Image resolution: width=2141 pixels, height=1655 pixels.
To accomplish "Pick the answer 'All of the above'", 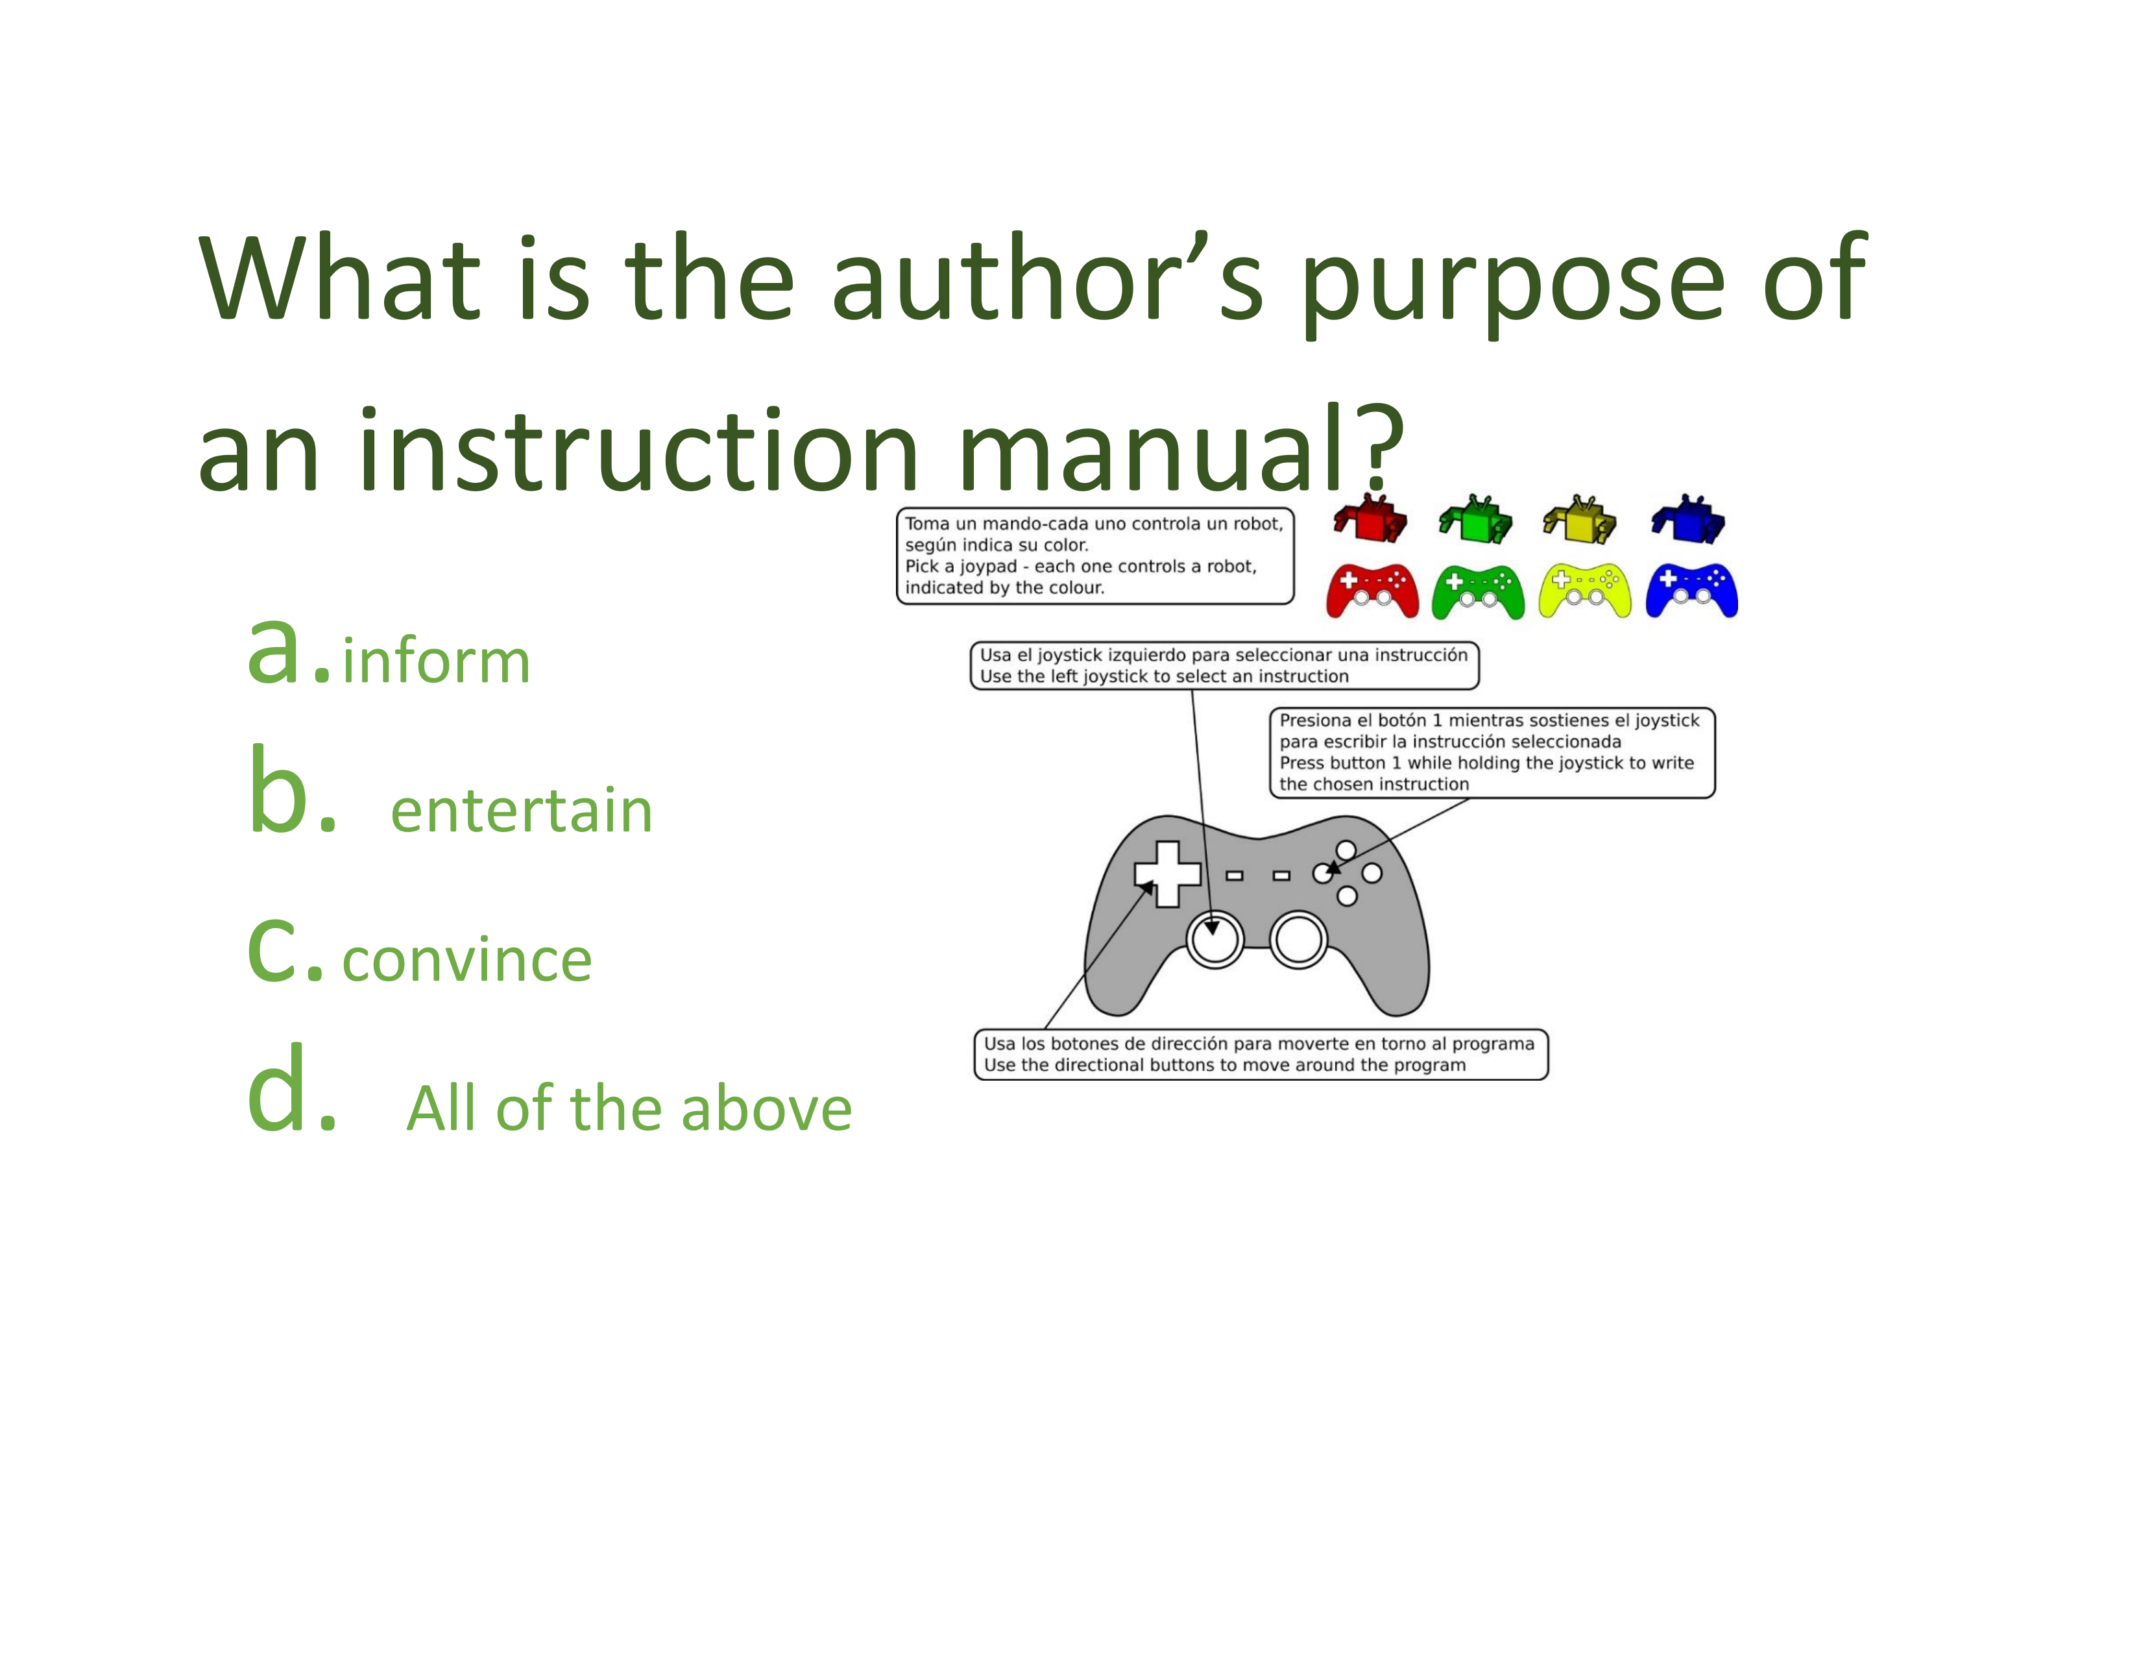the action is [629, 1108].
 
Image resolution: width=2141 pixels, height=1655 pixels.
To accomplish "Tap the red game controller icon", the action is [1372, 591].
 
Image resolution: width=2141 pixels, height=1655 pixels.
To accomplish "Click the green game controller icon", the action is [1479, 591].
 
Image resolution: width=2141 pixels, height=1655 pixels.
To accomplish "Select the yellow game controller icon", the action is [1585, 591].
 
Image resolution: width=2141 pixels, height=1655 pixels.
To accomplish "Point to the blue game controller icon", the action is [1692, 591].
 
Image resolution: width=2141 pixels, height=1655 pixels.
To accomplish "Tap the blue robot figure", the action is [1689, 518].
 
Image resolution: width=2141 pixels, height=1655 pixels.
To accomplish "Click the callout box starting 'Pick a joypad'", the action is [1095, 556].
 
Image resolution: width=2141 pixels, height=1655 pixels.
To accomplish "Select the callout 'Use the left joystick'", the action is [1224, 666].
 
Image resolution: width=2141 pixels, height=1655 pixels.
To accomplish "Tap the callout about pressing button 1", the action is [1492, 753].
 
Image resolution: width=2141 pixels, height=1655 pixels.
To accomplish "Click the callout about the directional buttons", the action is [1261, 1055].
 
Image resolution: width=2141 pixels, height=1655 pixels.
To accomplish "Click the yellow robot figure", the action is [1580, 518].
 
